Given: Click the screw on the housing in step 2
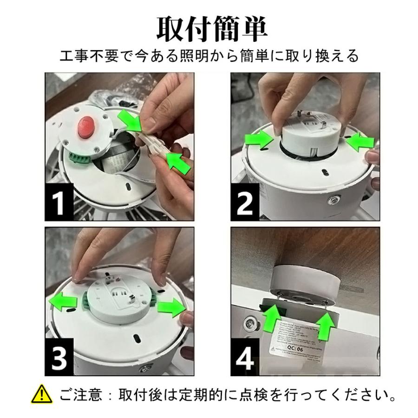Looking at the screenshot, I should click(333, 199).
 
